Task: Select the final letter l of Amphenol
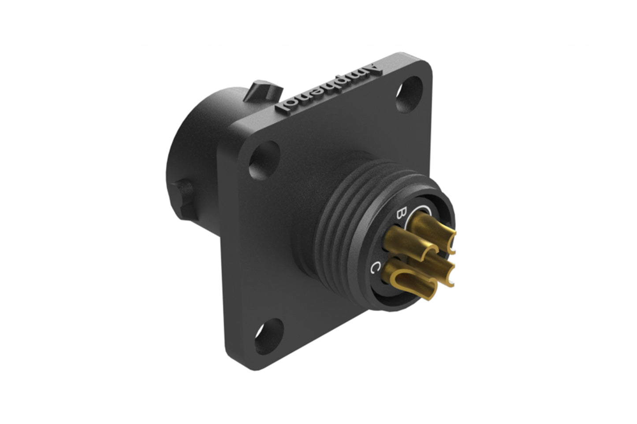[x=282, y=107]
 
